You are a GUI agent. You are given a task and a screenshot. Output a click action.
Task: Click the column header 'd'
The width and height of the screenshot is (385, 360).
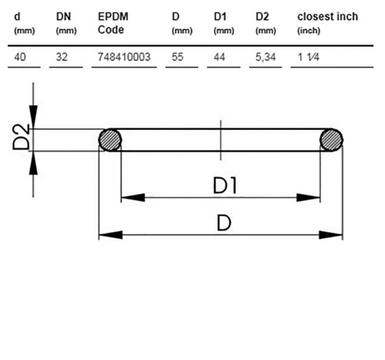pyautogui.click(x=17, y=17)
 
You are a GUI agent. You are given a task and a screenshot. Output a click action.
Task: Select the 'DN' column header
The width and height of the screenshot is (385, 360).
pyautogui.click(x=63, y=17)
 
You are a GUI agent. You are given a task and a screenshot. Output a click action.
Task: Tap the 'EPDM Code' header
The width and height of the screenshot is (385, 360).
pyautogui.click(x=113, y=23)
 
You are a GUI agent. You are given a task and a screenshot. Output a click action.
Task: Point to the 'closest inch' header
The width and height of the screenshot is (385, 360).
pyautogui.click(x=327, y=17)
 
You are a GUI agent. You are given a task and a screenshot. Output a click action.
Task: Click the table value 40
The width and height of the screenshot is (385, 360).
pyautogui.click(x=20, y=57)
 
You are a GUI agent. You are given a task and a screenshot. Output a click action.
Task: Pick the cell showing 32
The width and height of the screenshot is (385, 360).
pyautogui.click(x=62, y=57)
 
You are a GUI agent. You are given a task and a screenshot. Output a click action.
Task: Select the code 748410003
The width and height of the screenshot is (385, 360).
pyautogui.click(x=124, y=57)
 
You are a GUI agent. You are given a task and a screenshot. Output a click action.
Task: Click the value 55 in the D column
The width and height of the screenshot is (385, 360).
pyautogui.click(x=178, y=57)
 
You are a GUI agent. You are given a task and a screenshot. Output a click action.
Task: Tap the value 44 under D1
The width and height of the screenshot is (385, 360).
pyautogui.click(x=219, y=57)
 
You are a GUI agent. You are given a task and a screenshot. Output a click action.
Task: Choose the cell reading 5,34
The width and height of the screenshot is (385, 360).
pyautogui.click(x=266, y=57)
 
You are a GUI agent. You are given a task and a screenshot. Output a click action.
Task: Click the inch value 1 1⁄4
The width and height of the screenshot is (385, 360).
pyautogui.click(x=308, y=57)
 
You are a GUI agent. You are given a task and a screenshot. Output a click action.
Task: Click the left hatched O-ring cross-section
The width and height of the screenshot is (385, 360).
pyautogui.click(x=110, y=140)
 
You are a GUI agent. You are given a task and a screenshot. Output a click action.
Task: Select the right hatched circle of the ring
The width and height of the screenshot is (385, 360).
pyautogui.click(x=331, y=140)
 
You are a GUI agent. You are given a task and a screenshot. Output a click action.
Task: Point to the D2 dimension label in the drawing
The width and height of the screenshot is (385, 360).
pyautogui.click(x=22, y=137)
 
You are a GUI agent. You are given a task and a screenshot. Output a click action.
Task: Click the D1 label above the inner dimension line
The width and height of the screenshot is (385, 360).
pyautogui.click(x=225, y=185)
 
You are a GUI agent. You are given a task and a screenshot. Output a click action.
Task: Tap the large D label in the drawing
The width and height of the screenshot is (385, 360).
pyautogui.click(x=224, y=223)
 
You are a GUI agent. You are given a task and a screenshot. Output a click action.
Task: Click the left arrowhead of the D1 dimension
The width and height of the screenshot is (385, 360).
pyautogui.click(x=133, y=198)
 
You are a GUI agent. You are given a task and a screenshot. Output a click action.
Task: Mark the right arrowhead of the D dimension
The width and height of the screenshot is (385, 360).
pyautogui.click(x=330, y=235)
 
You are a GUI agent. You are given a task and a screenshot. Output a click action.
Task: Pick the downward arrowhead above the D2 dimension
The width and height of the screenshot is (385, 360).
pyautogui.click(x=33, y=117)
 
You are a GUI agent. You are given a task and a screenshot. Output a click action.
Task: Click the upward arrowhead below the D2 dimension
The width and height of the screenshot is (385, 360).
pyautogui.click(x=33, y=163)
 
